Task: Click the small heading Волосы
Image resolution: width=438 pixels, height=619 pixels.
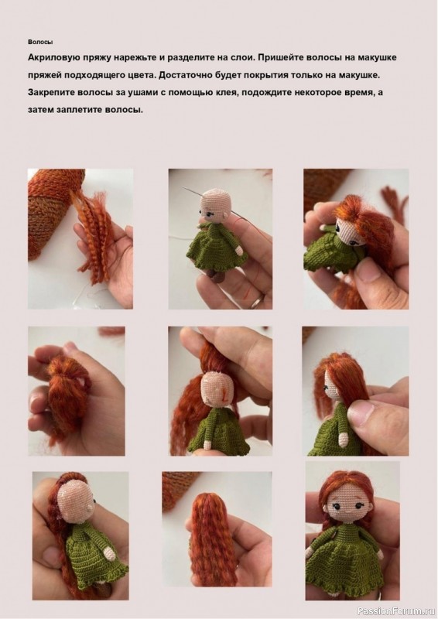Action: [40, 42]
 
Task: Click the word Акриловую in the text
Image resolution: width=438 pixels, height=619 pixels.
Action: [53, 57]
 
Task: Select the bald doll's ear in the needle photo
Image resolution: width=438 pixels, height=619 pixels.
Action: [224, 217]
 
